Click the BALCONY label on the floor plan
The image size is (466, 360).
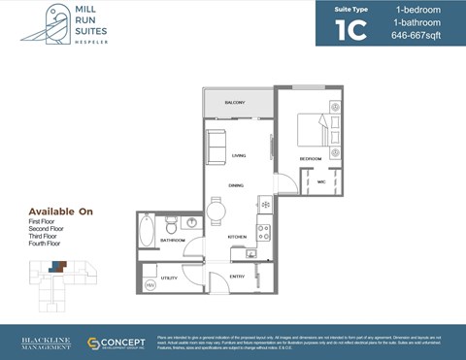[x=234, y=103]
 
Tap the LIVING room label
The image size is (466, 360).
[x=239, y=156]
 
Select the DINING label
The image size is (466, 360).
[x=236, y=184]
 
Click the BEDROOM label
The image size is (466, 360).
[x=310, y=158]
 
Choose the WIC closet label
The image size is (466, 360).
[x=320, y=181]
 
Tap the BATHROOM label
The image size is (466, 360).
[x=173, y=240]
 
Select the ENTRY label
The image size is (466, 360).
[x=237, y=277]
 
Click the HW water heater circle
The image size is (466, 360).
[x=150, y=285]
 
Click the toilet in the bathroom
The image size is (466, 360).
[x=171, y=222]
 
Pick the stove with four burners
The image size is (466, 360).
[x=262, y=232]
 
